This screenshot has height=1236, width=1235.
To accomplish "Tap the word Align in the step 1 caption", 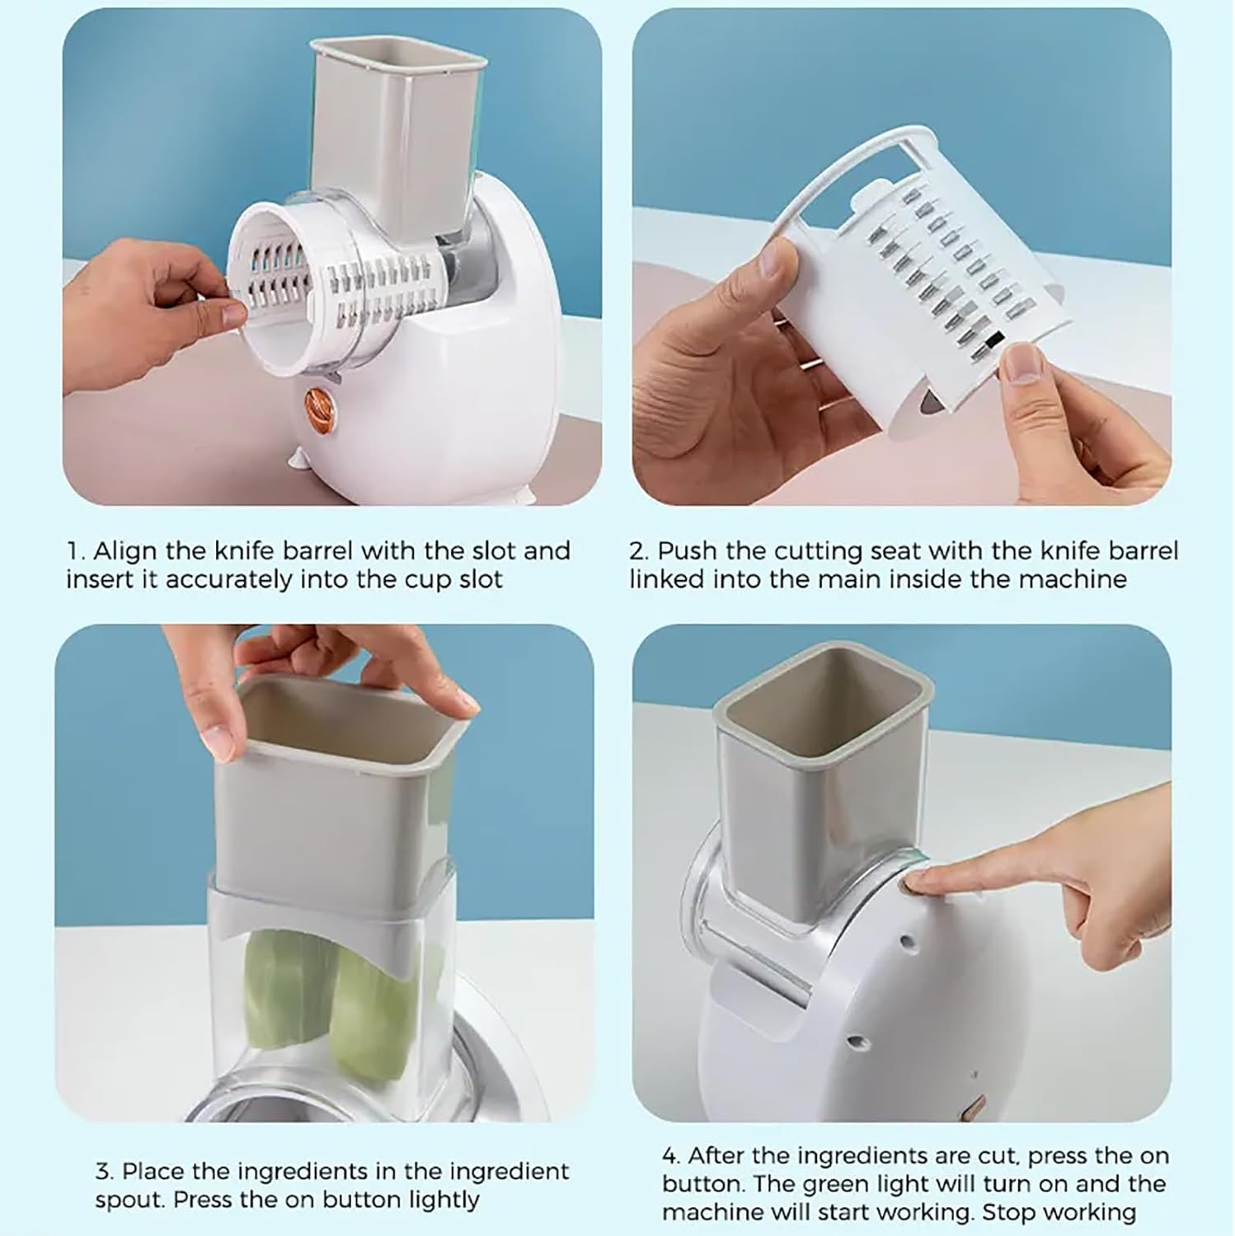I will point(125,550).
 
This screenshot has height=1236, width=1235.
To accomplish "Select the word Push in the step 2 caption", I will point(689,550).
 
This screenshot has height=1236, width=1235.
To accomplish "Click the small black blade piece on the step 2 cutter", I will point(994,339).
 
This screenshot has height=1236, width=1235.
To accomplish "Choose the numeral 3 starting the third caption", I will point(102,1171).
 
